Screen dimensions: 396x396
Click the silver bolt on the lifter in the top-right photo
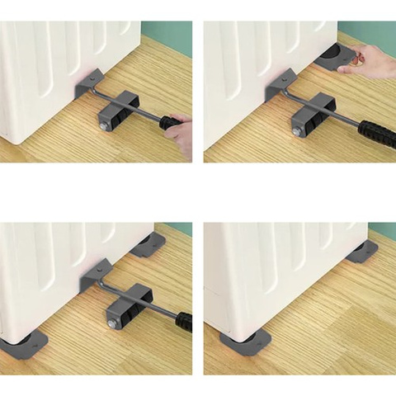[296, 131]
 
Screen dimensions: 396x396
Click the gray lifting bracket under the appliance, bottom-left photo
[97, 274]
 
